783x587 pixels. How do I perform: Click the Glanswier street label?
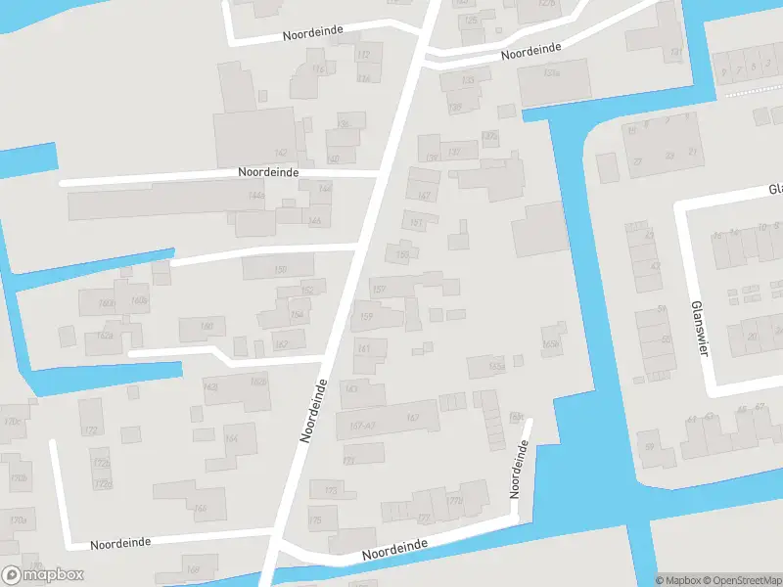(x=698, y=329)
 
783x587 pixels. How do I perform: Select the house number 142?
(x=281, y=153)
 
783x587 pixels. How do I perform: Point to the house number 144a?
(x=256, y=197)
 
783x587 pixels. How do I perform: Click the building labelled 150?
(x=281, y=269)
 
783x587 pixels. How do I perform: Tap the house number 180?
(x=207, y=326)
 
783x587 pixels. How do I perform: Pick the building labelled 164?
(x=231, y=438)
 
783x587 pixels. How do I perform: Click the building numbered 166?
(x=201, y=508)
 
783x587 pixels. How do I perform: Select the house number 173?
(x=331, y=490)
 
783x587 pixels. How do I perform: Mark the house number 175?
(x=315, y=521)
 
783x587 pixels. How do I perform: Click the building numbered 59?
(x=649, y=447)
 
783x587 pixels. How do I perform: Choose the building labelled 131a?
(x=552, y=73)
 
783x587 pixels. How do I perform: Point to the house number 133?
(x=468, y=80)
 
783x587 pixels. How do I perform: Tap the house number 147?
(x=424, y=197)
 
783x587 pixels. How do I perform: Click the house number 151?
(x=416, y=223)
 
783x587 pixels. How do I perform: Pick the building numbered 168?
(x=193, y=569)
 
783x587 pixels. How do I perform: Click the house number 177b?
(x=453, y=501)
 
